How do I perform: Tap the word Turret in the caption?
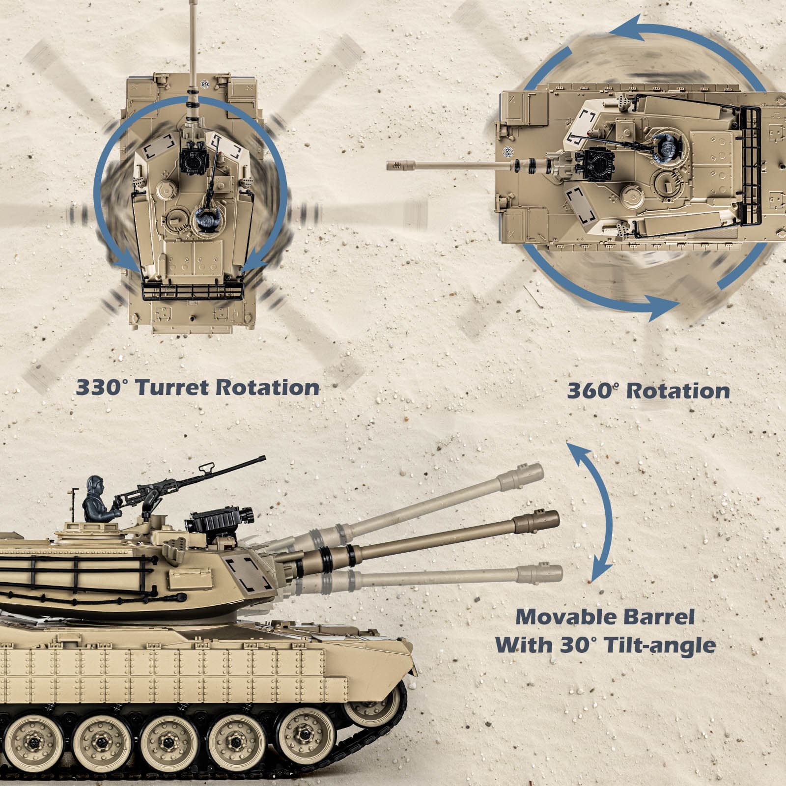[172, 388]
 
